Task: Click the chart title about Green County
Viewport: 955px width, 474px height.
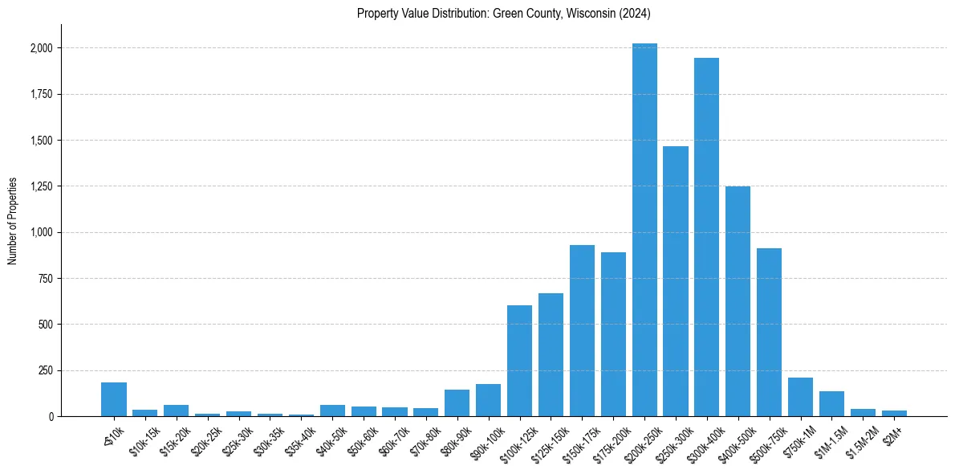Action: pos(504,14)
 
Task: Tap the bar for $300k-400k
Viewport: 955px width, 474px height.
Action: pos(706,237)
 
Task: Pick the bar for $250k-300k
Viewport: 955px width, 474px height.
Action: pos(676,281)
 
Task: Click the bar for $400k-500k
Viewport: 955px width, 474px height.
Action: pos(738,301)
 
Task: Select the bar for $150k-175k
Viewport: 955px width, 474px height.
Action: pos(582,330)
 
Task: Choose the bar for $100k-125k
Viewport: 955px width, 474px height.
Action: pos(519,361)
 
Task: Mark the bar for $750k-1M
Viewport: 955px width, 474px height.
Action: pos(800,397)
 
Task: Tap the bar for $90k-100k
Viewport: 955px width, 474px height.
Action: pos(488,400)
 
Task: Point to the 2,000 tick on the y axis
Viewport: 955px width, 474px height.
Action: pos(42,48)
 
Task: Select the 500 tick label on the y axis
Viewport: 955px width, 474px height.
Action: pos(47,325)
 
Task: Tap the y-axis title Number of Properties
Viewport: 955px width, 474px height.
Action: pos(13,221)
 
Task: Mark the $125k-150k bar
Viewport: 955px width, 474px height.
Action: pos(551,354)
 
